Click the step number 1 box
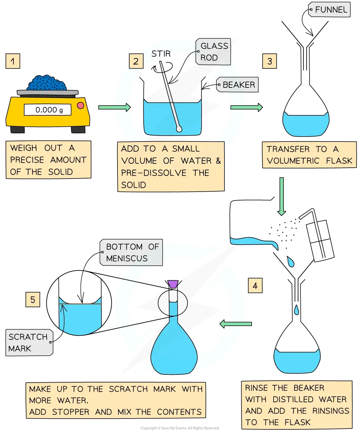point(13,61)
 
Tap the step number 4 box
point(255,286)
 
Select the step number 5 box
point(33,300)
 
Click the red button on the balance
point(81,105)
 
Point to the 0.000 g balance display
point(48,110)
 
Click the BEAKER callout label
point(238,85)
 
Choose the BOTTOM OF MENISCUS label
point(132,252)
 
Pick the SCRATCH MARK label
point(29,343)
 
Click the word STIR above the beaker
point(161,54)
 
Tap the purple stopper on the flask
point(173,284)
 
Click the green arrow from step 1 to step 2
point(115,107)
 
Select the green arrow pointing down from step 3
point(281,196)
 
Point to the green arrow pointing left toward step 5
point(236,324)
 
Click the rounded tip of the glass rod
point(179,129)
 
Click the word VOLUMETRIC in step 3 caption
point(293,161)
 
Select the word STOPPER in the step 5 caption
point(71,412)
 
